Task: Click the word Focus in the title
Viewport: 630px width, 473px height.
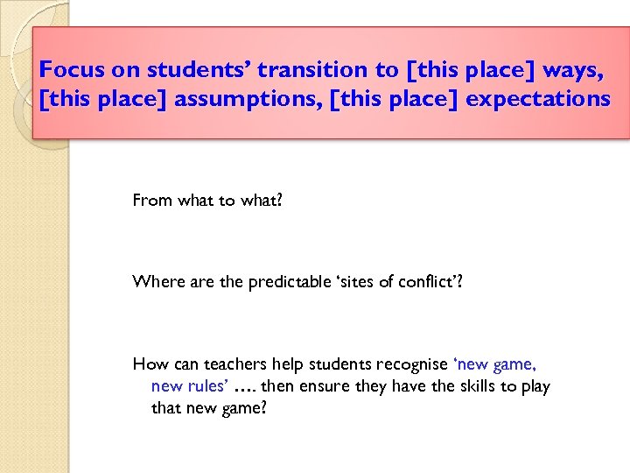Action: (x=71, y=69)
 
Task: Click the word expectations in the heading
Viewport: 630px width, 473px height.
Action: (x=538, y=99)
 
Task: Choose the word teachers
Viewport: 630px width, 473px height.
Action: (x=228, y=364)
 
